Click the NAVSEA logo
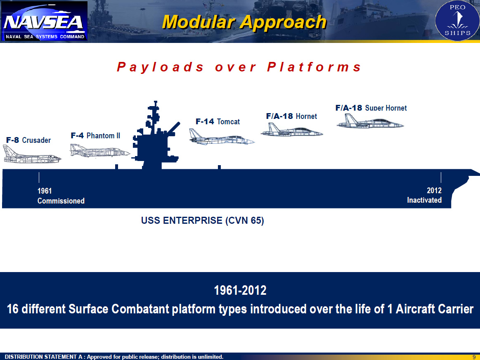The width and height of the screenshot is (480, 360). (45, 21)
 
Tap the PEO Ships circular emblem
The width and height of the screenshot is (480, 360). (457, 21)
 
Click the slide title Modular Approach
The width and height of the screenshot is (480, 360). (244, 22)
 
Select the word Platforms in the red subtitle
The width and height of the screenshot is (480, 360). (314, 67)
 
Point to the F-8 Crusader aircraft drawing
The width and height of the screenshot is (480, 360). (32, 154)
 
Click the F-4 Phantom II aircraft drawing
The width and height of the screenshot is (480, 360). (100, 150)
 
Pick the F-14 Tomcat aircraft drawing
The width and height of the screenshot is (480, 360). (222, 137)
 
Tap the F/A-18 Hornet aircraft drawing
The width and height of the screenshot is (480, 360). (292, 130)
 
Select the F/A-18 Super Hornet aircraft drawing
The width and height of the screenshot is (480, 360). (370, 121)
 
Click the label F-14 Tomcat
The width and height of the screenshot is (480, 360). (218, 121)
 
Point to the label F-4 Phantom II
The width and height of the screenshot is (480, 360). (95, 135)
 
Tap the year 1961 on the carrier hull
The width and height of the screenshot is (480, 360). (45, 191)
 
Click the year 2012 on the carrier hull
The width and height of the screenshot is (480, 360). (434, 190)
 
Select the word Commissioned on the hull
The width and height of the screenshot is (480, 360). (61, 201)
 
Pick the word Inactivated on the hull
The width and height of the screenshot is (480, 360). (424, 200)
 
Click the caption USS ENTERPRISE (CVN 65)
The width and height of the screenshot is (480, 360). (202, 220)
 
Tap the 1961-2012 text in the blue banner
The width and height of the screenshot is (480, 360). (240, 290)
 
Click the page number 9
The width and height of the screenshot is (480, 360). (474, 357)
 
